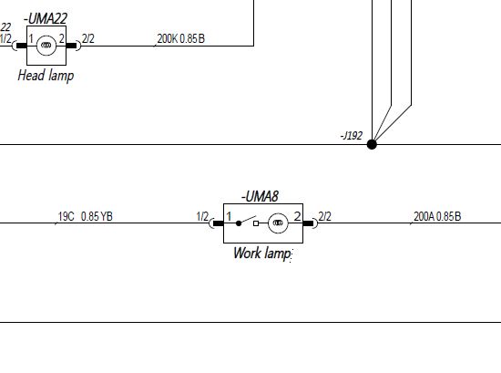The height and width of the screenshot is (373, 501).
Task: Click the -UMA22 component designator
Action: pyautogui.click(x=46, y=18)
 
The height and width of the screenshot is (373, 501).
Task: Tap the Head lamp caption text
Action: pyautogui.click(x=46, y=76)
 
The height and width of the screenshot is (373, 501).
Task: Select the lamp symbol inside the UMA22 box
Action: pyautogui.click(x=46, y=46)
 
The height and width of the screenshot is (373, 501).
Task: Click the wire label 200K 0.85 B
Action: pyautogui.click(x=181, y=38)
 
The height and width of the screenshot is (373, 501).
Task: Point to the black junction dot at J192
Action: pyautogui.click(x=372, y=144)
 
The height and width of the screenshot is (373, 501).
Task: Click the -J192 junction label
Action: pyautogui.click(x=351, y=136)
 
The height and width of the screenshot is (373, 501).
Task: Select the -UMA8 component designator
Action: pyautogui.click(x=260, y=196)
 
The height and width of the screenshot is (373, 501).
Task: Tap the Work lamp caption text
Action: pyautogui.click(x=261, y=253)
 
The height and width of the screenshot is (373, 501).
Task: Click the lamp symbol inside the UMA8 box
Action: pyautogui.click(x=278, y=223)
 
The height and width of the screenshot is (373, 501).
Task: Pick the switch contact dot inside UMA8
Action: pyautogui.click(x=239, y=223)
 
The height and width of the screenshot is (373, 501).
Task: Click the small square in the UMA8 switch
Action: pyautogui.click(x=256, y=223)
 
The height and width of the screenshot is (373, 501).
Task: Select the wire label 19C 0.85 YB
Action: pyautogui.click(x=86, y=216)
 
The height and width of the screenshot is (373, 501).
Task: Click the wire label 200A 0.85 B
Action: pyautogui.click(x=437, y=216)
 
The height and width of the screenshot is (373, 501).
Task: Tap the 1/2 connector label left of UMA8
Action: pyautogui.click(x=202, y=216)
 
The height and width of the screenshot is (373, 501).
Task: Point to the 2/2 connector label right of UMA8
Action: pyautogui.click(x=324, y=216)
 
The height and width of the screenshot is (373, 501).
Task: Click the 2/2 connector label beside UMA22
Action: pyautogui.click(x=88, y=38)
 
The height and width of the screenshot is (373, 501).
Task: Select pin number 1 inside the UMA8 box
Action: pyautogui.click(x=229, y=216)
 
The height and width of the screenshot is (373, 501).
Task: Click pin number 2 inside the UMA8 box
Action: pyautogui.click(x=298, y=216)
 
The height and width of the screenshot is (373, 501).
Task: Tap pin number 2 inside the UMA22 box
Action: pyautogui.click(x=62, y=39)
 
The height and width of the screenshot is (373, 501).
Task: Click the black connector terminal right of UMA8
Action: pyautogui.click(x=308, y=223)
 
